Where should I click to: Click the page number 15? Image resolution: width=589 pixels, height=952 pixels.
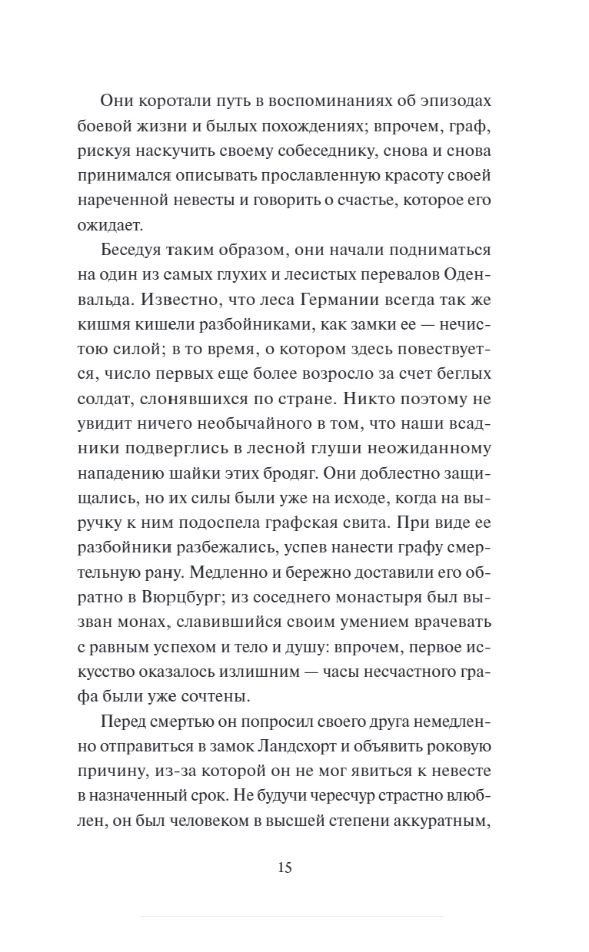284,868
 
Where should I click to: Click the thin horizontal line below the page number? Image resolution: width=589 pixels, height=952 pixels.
291,916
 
